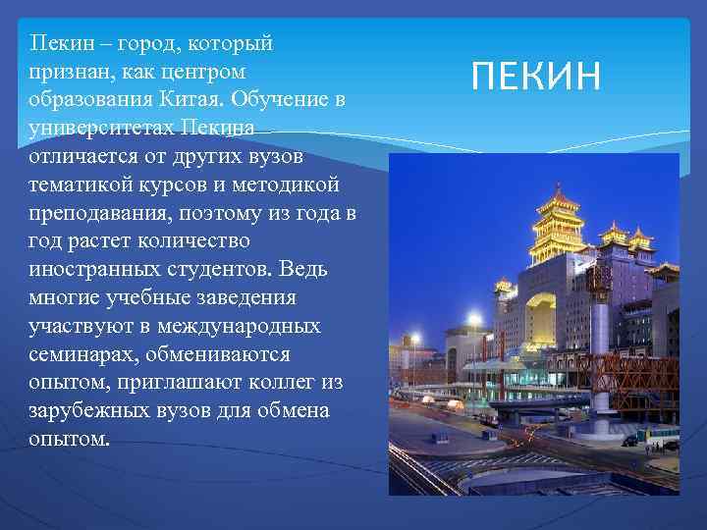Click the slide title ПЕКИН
(x=536, y=76)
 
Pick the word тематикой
(x=78, y=185)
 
